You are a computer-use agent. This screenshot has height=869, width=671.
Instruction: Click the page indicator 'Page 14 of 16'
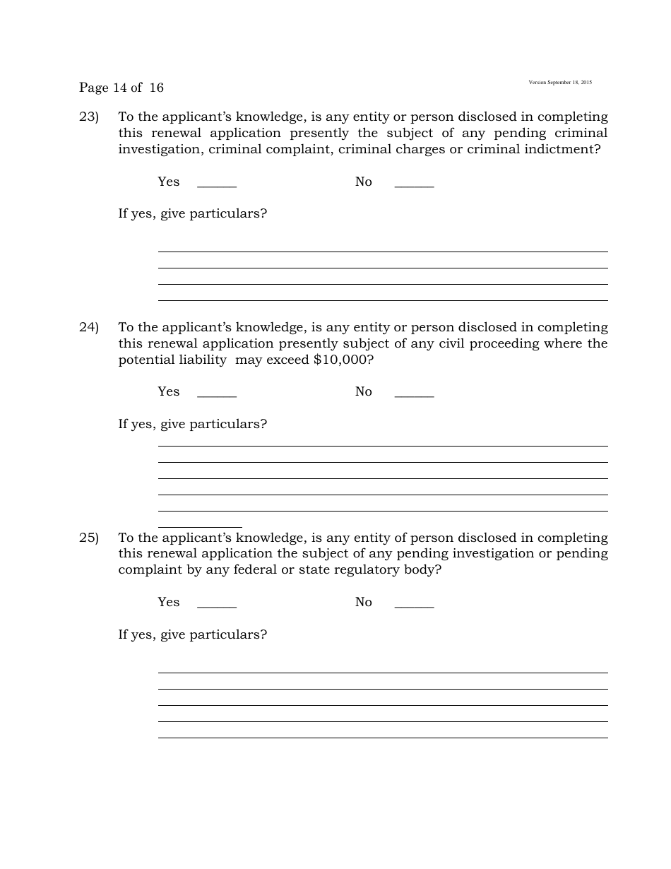tap(121, 88)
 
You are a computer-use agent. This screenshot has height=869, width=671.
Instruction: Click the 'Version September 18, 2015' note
tap(560, 83)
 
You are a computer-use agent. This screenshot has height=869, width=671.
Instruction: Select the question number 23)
tap(88, 117)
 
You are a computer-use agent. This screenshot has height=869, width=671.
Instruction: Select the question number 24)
tap(88, 327)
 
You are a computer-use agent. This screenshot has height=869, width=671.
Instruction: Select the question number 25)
tap(88, 538)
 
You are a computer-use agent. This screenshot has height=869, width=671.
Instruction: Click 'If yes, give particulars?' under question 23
tap(192, 213)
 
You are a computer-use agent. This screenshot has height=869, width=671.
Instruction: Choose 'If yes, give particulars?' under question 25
tap(192, 634)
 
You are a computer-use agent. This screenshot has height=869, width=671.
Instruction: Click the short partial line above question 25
tap(200, 526)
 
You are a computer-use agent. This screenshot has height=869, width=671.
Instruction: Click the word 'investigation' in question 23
tap(159, 149)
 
